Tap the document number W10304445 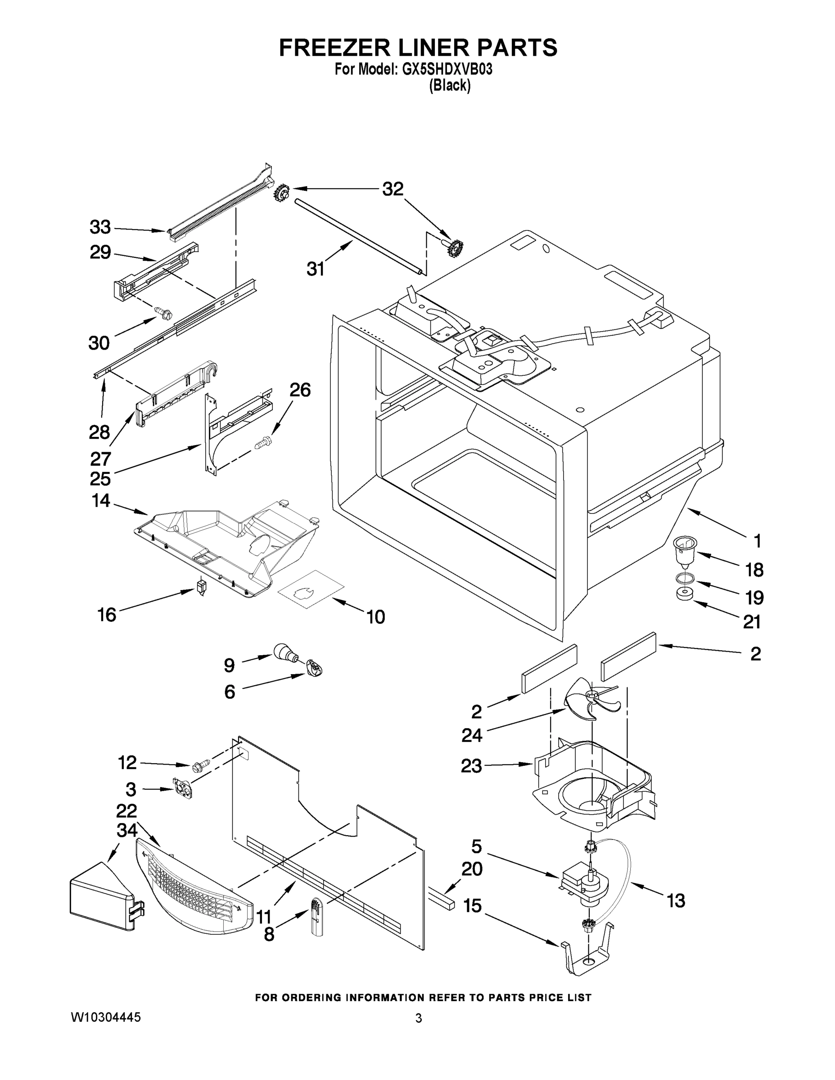[106, 1017]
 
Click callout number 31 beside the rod [315, 269]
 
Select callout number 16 [107, 615]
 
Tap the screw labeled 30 [165, 313]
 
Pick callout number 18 [754, 570]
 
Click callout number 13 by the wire [675, 900]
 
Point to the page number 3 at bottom [419, 1018]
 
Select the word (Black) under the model [450, 85]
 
